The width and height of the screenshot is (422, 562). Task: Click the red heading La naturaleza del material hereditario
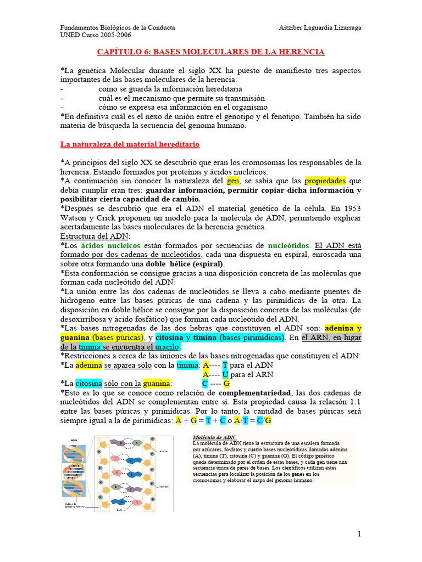point(130,144)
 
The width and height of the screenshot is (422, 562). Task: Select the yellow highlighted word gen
point(233,181)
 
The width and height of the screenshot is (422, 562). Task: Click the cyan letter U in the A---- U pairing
point(225,374)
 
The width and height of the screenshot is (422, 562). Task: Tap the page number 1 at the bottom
point(359,535)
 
